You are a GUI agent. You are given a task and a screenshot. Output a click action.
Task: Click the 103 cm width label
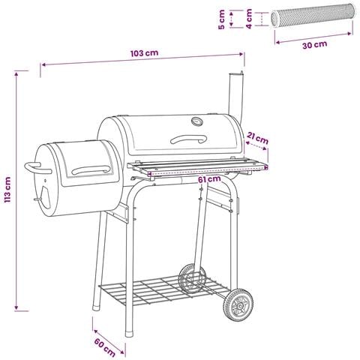[144, 53]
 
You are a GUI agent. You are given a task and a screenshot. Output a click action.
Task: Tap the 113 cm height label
[7, 190]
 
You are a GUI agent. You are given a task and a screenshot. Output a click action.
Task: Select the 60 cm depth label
[104, 348]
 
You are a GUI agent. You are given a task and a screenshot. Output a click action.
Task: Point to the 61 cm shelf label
[209, 179]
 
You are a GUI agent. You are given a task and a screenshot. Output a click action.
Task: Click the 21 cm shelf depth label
[258, 138]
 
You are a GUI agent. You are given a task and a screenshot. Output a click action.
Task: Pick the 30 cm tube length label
[315, 45]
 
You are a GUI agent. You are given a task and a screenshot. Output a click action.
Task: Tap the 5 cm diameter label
[221, 19]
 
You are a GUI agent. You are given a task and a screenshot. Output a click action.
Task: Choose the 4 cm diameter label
[249, 19]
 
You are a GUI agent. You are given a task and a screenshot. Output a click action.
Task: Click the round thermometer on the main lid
[197, 121]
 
